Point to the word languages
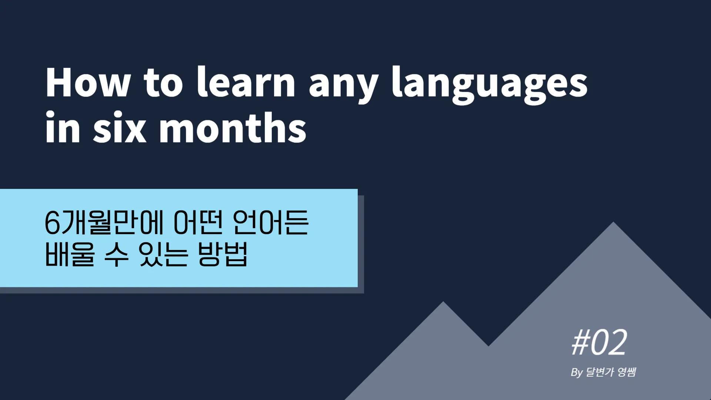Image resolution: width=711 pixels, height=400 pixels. tap(490, 85)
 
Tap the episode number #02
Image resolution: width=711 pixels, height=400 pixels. tap(599, 343)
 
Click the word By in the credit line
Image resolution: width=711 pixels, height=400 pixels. tap(577, 372)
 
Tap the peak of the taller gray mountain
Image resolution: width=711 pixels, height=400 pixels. tap(613, 222)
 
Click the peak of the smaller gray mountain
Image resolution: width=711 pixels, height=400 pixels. tap(443, 302)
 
